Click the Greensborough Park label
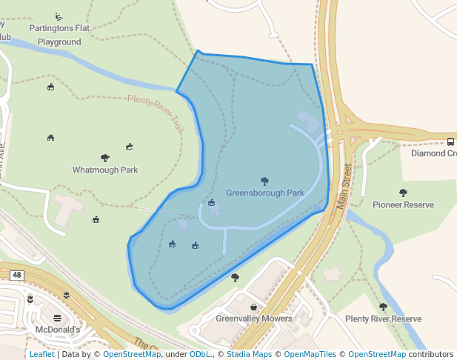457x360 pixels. pos(265,193)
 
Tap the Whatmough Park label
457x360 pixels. pos(105,170)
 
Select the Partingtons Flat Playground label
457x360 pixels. pos(59,35)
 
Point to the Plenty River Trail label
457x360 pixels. pos(156,113)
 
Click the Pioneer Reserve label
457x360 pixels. pos(403,204)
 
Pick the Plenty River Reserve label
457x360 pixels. pos(383,319)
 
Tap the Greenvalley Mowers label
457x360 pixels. pos(254,319)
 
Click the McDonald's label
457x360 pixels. pos(58,329)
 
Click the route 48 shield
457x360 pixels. pos(16,275)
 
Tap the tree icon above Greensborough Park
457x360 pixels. pos(264,181)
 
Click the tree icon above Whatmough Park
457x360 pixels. pos(104,158)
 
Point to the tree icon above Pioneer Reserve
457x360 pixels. pos(403,193)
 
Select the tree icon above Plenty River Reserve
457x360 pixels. pos(383,307)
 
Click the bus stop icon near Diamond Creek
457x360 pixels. pos(450,141)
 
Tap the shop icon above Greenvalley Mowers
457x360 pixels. pos(254,307)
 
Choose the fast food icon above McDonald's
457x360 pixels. pos(57,318)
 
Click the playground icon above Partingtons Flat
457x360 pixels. pos(59,16)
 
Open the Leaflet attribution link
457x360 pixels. pos(41,354)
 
